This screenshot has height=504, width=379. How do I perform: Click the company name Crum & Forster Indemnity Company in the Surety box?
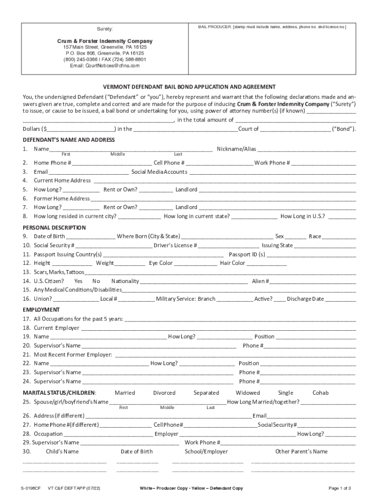pos(104,41)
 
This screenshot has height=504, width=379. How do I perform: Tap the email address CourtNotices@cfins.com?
pos(104,65)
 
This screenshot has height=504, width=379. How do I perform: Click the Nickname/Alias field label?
pos(236,149)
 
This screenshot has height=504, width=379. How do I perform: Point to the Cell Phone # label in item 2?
pos(169,163)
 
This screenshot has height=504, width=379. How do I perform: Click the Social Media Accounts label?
pos(159,172)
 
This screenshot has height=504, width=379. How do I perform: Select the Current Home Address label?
pos(62,181)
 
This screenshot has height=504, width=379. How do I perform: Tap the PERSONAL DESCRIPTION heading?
pos(54,227)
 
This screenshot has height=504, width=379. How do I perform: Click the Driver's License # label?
pos(175,245)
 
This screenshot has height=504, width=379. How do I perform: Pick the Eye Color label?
pos(161,263)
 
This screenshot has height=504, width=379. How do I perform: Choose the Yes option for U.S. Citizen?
pos(78,281)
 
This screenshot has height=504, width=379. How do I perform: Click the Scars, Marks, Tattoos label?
pos(59,272)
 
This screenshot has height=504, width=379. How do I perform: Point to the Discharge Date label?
pos(305,299)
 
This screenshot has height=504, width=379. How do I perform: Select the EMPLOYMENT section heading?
pos(41,310)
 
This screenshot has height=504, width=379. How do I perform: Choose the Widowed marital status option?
pos(248,393)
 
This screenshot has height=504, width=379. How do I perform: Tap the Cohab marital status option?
pos(320,393)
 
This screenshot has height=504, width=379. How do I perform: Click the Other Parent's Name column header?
pos(301,451)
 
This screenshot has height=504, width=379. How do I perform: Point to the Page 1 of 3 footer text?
pos(340,488)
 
